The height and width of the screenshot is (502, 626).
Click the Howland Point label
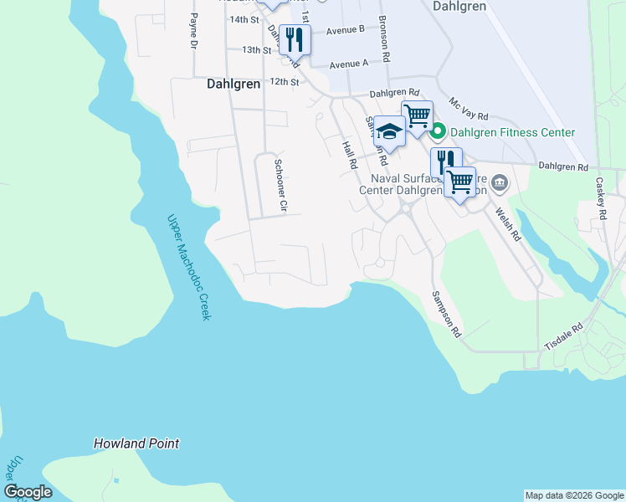tap(136, 443)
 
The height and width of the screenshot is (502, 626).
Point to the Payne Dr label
tap(192, 29)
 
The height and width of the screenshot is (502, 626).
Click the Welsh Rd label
tap(509, 224)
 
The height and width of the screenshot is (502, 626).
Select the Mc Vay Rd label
tap(469, 112)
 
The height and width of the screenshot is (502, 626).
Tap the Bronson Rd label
tap(384, 39)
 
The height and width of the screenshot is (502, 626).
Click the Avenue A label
tap(349, 64)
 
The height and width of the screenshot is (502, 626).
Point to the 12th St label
tap(283, 82)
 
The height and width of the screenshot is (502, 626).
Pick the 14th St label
tap(244, 19)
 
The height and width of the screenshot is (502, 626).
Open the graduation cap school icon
tap(389, 130)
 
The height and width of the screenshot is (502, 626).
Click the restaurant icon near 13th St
tap(295, 38)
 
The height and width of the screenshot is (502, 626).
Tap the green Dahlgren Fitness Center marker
tap(438, 132)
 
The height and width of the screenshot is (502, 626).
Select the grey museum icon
tap(499, 182)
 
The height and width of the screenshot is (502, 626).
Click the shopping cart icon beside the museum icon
tap(459, 181)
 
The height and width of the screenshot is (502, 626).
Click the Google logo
tap(28, 491)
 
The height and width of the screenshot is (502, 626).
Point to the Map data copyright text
tap(573, 495)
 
